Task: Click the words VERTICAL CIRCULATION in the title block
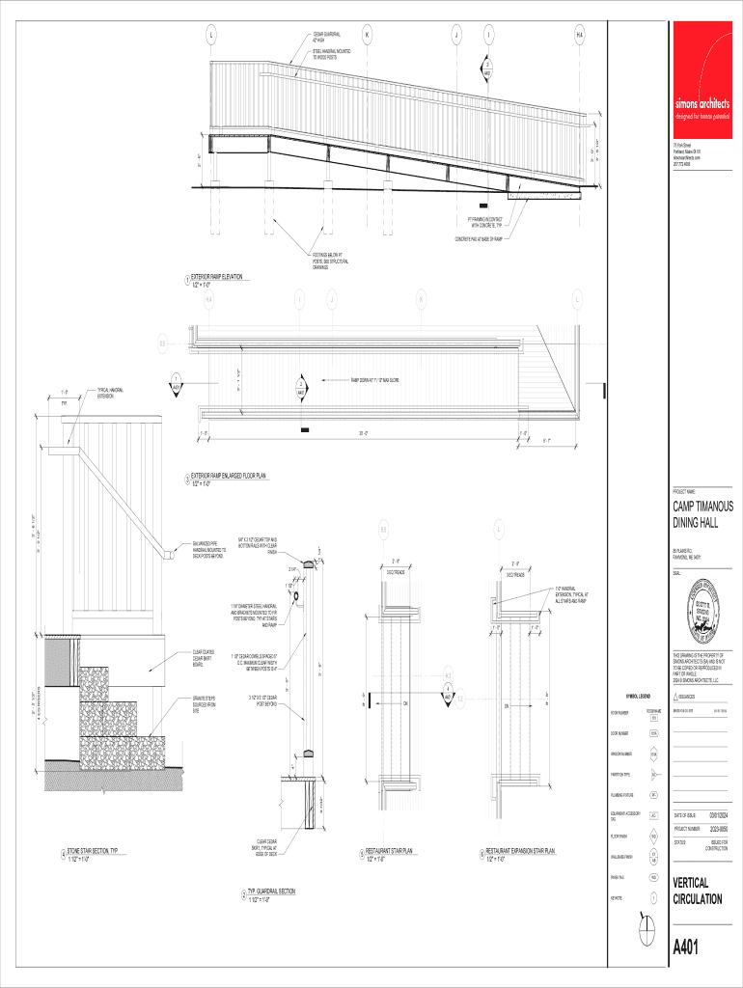[697, 891]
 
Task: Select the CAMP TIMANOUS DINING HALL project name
[702, 514]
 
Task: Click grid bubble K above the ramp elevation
[367, 36]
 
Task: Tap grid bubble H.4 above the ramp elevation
[579, 36]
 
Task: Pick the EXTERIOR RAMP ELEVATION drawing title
[216, 277]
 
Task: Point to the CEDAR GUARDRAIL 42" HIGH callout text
[326, 37]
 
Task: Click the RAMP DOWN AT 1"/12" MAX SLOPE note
[374, 380]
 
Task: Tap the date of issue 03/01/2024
[720, 815]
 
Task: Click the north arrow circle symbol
[649, 932]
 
